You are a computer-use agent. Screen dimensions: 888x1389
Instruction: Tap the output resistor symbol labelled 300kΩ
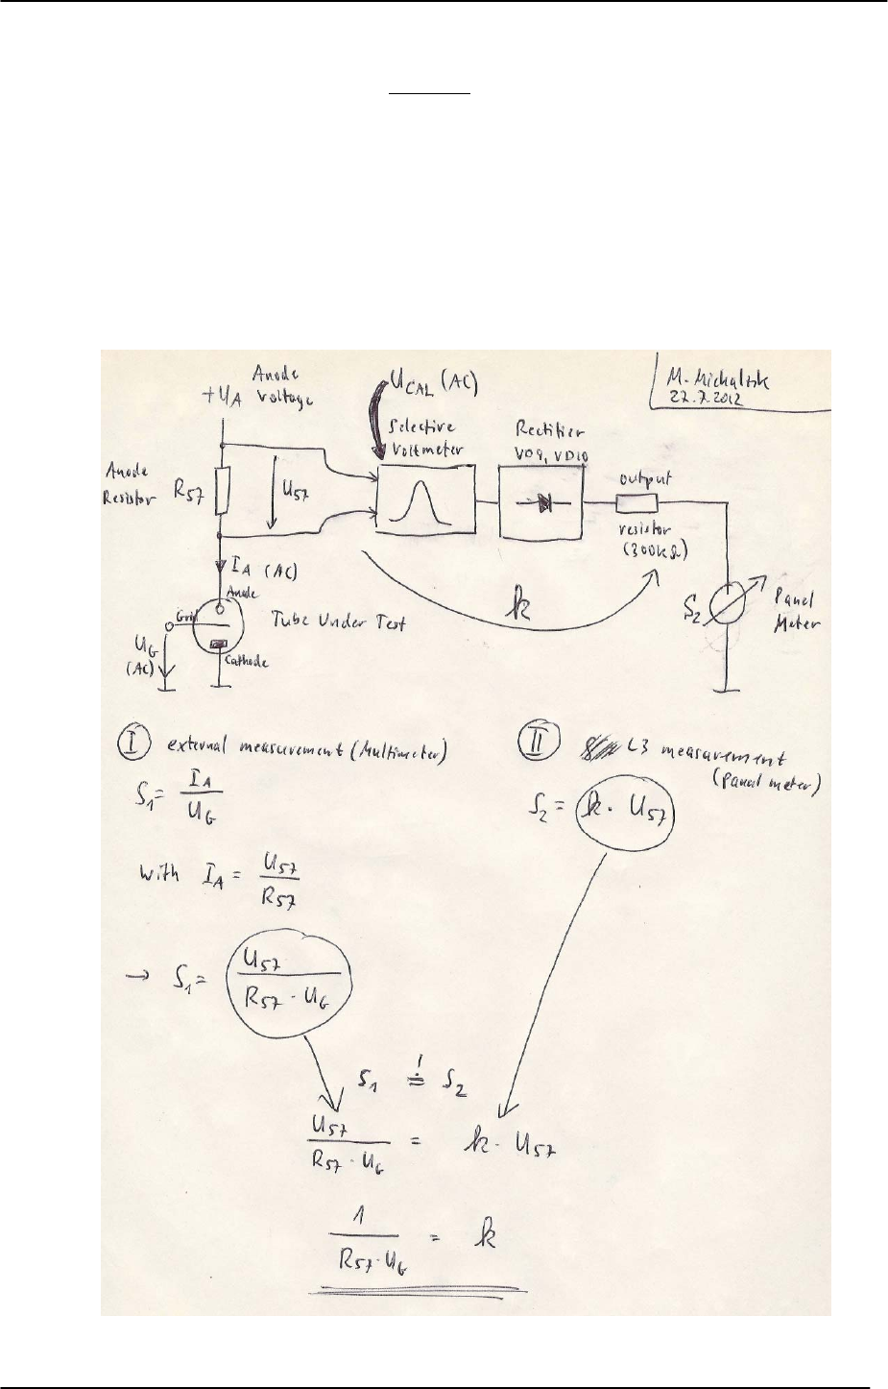[x=636, y=502]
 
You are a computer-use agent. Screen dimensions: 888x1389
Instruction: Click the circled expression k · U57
[x=618, y=816]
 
